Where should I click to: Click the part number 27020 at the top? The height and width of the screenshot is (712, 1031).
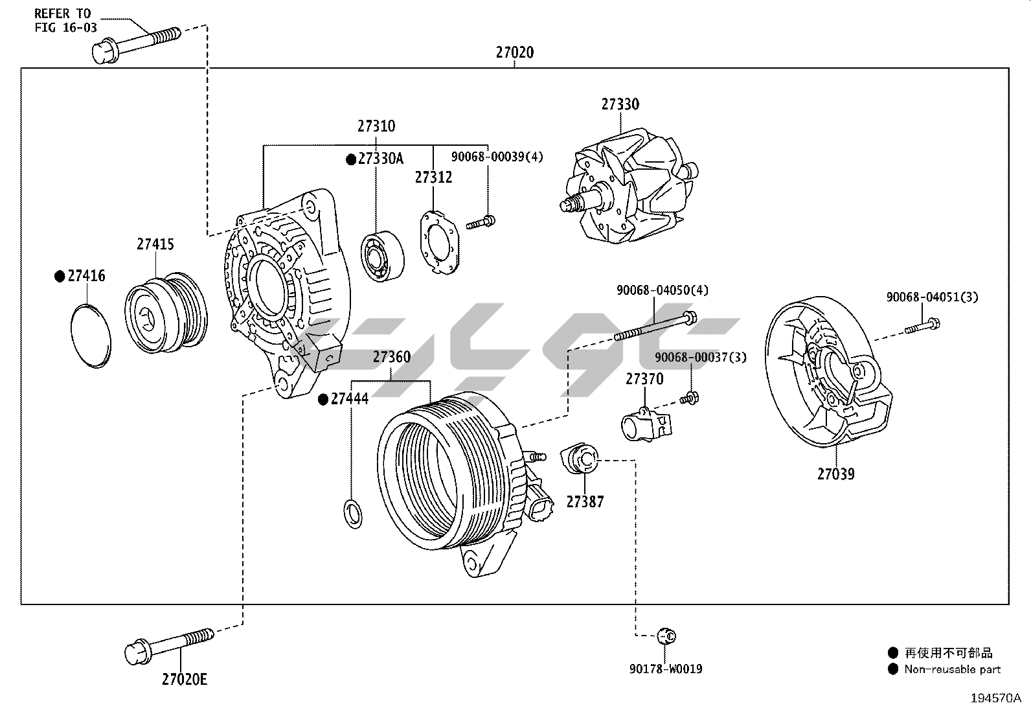(x=515, y=52)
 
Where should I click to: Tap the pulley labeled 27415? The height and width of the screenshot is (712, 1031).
(x=165, y=316)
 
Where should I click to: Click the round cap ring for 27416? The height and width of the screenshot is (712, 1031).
(x=90, y=336)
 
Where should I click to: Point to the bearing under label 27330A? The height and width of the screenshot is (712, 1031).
(x=381, y=256)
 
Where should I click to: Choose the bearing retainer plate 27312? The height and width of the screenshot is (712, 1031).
(x=439, y=242)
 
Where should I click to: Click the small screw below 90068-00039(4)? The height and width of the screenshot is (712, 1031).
(x=481, y=223)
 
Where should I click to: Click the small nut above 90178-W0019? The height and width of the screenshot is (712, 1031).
(x=666, y=636)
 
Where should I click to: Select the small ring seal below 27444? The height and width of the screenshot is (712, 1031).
(x=352, y=513)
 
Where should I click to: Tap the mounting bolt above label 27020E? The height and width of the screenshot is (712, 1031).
(x=168, y=645)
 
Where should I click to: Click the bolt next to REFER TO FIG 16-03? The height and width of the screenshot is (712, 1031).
(x=136, y=43)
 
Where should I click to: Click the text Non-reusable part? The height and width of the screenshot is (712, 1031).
(x=952, y=670)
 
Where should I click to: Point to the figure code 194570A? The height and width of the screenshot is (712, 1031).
(x=995, y=698)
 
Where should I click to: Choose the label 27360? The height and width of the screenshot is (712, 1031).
(x=391, y=357)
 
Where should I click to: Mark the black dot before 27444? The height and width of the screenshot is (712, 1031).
(x=323, y=399)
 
